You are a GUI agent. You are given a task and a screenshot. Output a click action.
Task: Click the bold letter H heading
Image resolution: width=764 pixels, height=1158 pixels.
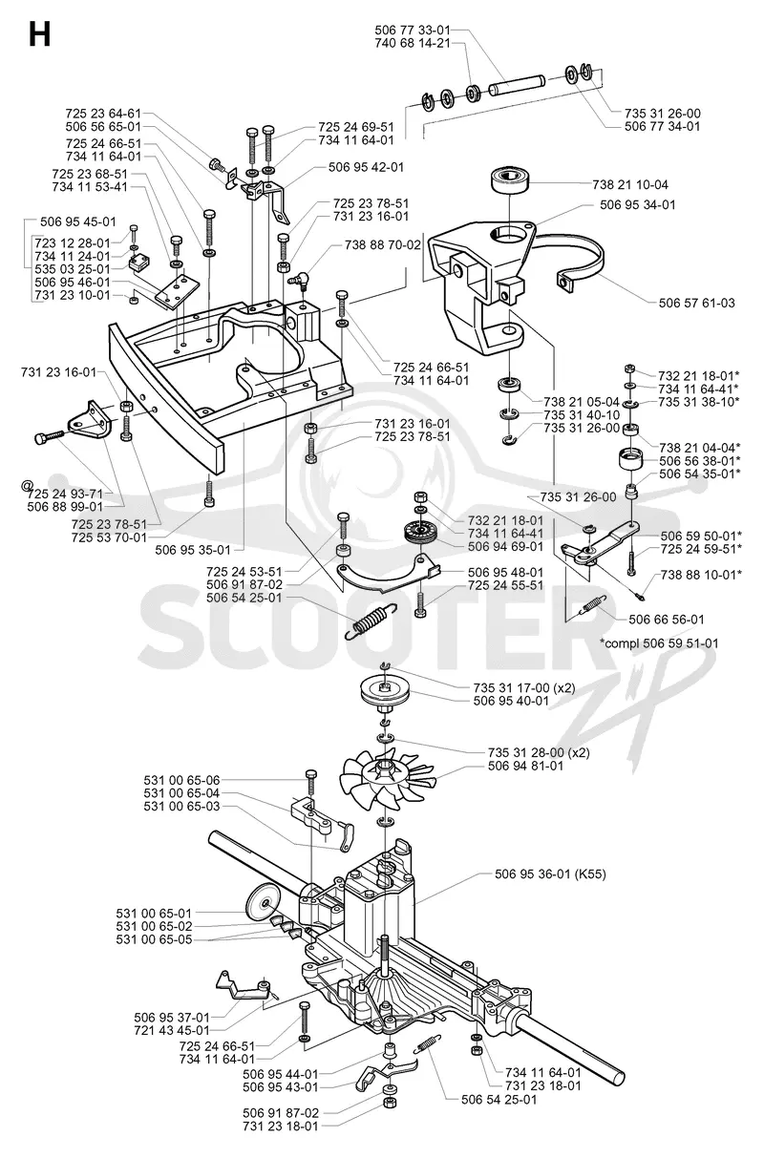pos(40,36)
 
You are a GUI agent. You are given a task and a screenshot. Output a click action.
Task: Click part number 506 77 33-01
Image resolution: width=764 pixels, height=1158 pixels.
pos(413,30)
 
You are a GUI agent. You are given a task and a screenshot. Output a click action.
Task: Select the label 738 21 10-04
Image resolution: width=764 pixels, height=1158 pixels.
pos(630,184)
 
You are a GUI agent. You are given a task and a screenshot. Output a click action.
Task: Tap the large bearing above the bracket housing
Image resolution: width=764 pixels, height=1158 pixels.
pos(510,180)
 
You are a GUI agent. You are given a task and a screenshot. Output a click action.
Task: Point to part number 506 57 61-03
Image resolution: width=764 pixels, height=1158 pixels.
pos(696,303)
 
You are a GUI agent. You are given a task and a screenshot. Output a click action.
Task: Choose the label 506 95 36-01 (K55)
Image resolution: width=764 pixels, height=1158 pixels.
pos(550,874)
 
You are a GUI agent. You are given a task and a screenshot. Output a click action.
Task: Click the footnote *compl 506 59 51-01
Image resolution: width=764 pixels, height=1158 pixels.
pos(659,643)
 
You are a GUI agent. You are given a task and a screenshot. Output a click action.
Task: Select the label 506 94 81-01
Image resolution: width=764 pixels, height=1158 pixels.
pos(525,766)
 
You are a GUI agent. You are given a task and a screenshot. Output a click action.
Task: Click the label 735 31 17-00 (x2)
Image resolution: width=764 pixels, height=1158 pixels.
pos(524,687)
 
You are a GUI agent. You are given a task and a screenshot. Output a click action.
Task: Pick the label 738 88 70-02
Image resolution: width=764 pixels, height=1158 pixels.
pos(383,244)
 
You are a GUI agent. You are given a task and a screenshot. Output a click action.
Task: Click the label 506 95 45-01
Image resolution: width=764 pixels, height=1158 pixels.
pos(78,222)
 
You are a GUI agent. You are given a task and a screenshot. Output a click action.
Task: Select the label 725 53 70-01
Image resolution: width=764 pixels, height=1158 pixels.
pos(109,537)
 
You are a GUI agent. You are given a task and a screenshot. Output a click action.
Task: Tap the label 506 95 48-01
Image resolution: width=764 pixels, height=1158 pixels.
pos(505,573)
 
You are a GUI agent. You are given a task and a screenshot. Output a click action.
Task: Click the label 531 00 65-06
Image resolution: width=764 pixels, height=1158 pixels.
pos(181,780)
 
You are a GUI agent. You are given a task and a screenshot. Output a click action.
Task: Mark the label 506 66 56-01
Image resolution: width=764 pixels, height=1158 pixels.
pos(667,620)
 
